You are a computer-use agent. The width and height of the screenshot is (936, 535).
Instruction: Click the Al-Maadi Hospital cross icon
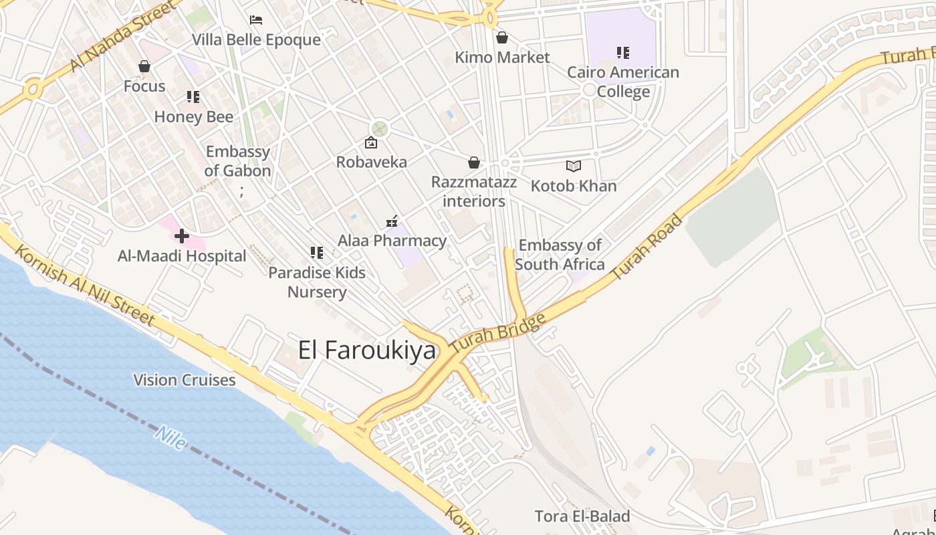[x=181, y=236]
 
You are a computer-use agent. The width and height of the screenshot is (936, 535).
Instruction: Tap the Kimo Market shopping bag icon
[x=501, y=37]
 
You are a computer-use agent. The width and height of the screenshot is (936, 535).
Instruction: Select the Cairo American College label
[x=623, y=82]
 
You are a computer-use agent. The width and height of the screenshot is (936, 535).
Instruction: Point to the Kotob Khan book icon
[x=573, y=166]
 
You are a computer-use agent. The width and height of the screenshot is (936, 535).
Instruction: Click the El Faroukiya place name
[x=366, y=350]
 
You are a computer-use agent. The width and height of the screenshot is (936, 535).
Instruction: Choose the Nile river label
[x=170, y=437]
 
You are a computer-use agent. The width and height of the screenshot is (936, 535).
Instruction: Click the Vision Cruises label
[x=185, y=380]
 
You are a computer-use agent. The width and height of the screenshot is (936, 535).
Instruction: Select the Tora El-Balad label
[x=582, y=516]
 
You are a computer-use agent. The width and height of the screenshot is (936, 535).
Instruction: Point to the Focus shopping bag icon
[x=144, y=66]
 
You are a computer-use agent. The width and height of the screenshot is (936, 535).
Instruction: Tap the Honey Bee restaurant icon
[x=193, y=97]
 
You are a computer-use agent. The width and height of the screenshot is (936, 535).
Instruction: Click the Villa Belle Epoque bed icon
[x=256, y=20]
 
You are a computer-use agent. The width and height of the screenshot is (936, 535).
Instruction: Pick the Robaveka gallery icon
[x=370, y=142]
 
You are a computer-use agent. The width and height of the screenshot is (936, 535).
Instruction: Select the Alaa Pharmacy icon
[x=392, y=221]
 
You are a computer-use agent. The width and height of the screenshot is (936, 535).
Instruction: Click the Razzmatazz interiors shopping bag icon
[x=473, y=163]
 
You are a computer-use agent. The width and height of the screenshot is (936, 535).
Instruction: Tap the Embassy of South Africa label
[x=560, y=255]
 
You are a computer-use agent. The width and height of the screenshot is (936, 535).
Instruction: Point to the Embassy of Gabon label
[x=237, y=161]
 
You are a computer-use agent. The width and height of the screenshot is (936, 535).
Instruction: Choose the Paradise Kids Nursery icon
[x=317, y=253]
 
